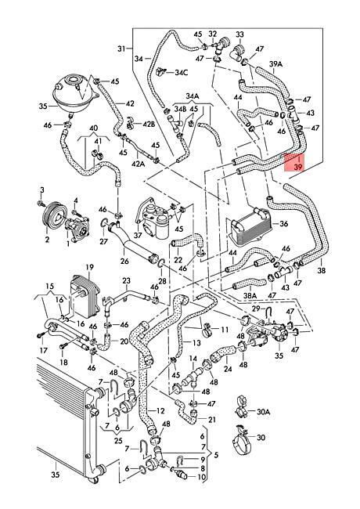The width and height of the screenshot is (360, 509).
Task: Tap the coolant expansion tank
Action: pyautogui.click(x=74, y=92)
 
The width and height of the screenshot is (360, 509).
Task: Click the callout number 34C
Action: pyautogui.click(x=182, y=72)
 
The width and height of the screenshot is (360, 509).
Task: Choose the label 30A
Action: pyautogui.click(x=263, y=412)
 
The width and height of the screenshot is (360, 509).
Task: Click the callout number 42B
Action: pyautogui.click(x=149, y=124)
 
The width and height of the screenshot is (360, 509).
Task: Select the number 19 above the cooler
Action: pyautogui.click(x=89, y=267)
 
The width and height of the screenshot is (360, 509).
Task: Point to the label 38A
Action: pyautogui.click(x=250, y=295)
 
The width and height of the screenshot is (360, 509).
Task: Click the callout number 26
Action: pyautogui.click(x=124, y=261)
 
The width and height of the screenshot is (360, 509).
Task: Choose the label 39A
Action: pyautogui.click(x=276, y=64)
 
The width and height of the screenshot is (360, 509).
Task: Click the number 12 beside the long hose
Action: pyautogui.click(x=160, y=410)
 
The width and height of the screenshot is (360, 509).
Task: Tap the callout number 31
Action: pyautogui.click(x=121, y=49)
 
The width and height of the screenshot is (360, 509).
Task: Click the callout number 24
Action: pyautogui.click(x=228, y=369)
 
